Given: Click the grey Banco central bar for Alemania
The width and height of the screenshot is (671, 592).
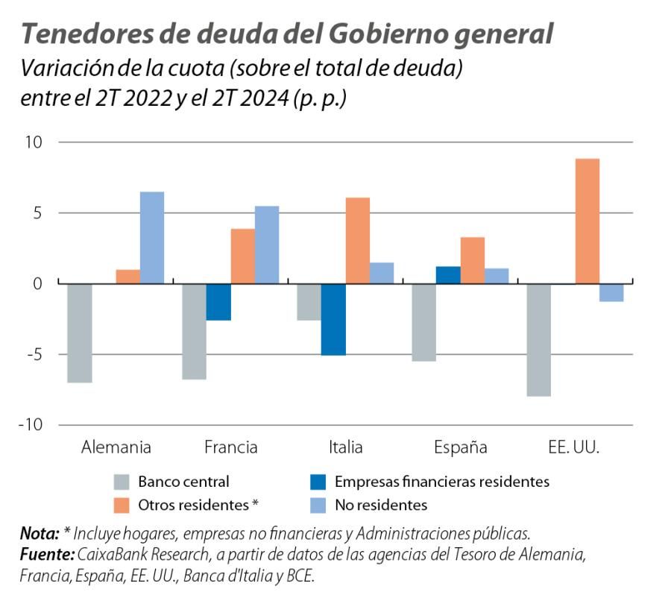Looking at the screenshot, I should pyautogui.click(x=80, y=333).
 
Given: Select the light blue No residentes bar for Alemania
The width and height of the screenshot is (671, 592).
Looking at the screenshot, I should pyautogui.click(x=152, y=238).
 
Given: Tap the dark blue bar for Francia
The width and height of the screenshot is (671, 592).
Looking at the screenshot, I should pyautogui.click(x=218, y=302).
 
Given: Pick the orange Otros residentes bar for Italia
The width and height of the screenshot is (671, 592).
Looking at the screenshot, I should pyautogui.click(x=357, y=240).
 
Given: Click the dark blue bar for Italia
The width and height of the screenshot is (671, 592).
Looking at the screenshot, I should pyautogui.click(x=333, y=319).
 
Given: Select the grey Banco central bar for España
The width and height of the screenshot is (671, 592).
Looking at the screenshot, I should pyautogui.click(x=425, y=322).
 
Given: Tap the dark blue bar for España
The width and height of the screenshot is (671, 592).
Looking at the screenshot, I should pyautogui.click(x=449, y=274).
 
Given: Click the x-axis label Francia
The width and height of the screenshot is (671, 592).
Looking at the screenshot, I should pyautogui.click(x=230, y=447).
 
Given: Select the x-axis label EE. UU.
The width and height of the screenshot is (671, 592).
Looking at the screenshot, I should pyautogui.click(x=573, y=447).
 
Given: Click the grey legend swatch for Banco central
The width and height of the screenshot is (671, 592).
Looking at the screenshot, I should pyautogui.click(x=122, y=482).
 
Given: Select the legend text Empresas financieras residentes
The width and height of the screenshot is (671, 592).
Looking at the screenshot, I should pyautogui.click(x=442, y=482).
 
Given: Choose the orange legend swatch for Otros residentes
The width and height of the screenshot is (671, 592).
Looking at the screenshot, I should pyautogui.click(x=122, y=505).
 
